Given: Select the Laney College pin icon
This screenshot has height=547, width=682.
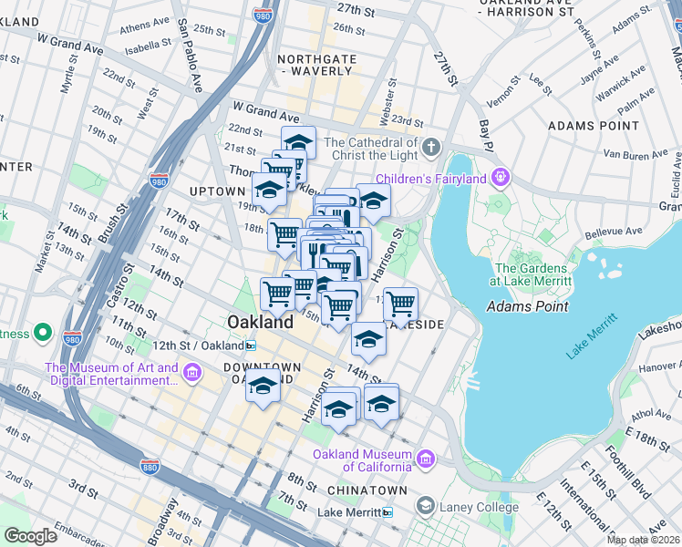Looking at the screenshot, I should click(426, 505).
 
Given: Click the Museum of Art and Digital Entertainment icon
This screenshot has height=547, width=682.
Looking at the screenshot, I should click(192, 373).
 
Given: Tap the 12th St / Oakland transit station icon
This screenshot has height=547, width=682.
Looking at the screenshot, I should click(251, 346).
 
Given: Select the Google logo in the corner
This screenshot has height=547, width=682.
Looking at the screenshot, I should click(30, 536).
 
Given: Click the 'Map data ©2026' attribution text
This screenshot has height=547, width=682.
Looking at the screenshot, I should click(644, 540).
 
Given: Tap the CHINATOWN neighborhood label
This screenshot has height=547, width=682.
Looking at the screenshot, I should click(356, 490).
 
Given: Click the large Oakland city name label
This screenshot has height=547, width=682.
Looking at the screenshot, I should click(261, 322).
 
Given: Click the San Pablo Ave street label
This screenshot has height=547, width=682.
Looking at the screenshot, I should click(189, 55).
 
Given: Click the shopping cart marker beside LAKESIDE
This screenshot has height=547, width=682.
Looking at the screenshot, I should click(400, 303).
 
